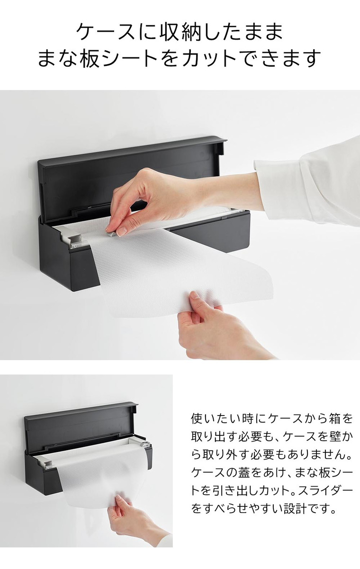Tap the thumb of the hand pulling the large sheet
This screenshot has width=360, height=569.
coord(195,298)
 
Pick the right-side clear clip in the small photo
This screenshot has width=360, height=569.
coord(145,446)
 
